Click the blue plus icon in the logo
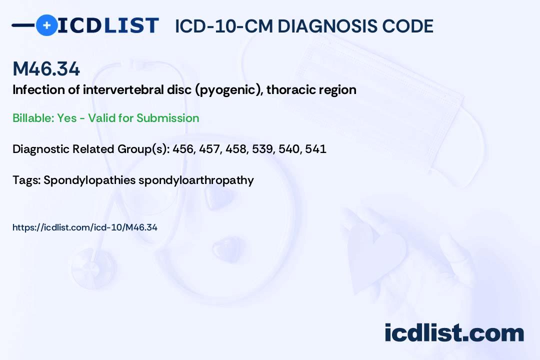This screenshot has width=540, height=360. (x=46, y=25)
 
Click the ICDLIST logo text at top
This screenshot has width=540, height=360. (x=108, y=25)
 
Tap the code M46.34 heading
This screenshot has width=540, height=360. (x=46, y=69)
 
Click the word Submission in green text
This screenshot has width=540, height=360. (x=167, y=118)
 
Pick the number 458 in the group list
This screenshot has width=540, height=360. (x=235, y=149)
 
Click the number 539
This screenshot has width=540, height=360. (x=261, y=149)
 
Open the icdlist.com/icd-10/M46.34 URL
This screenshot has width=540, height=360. (x=85, y=227)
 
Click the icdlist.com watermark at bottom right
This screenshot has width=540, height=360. (x=454, y=332)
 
